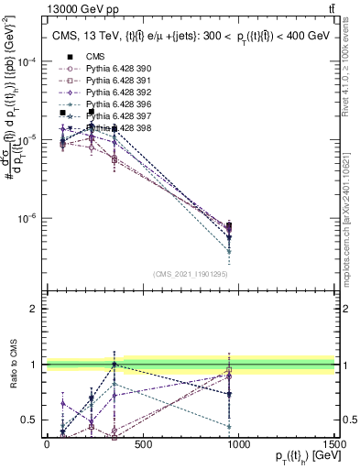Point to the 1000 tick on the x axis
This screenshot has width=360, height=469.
(239, 443)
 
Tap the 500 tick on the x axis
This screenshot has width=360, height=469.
(143, 443)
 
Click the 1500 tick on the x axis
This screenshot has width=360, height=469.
(335, 443)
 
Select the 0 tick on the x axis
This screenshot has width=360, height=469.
(47, 443)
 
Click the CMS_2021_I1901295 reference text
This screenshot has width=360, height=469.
(190, 274)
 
